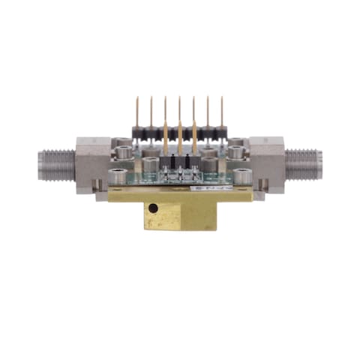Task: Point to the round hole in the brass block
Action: click(153, 208)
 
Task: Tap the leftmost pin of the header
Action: click(137, 112)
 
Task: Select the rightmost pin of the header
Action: click(221, 112)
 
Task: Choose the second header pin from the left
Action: click(151, 112)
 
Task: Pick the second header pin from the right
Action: click(207, 112)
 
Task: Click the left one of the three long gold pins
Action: click(166, 139)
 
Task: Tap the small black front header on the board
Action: click(180, 163)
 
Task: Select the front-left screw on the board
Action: click(118, 176)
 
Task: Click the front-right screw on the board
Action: click(241, 176)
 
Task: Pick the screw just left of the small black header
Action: click(152, 163)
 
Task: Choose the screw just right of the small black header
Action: click(208, 163)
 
